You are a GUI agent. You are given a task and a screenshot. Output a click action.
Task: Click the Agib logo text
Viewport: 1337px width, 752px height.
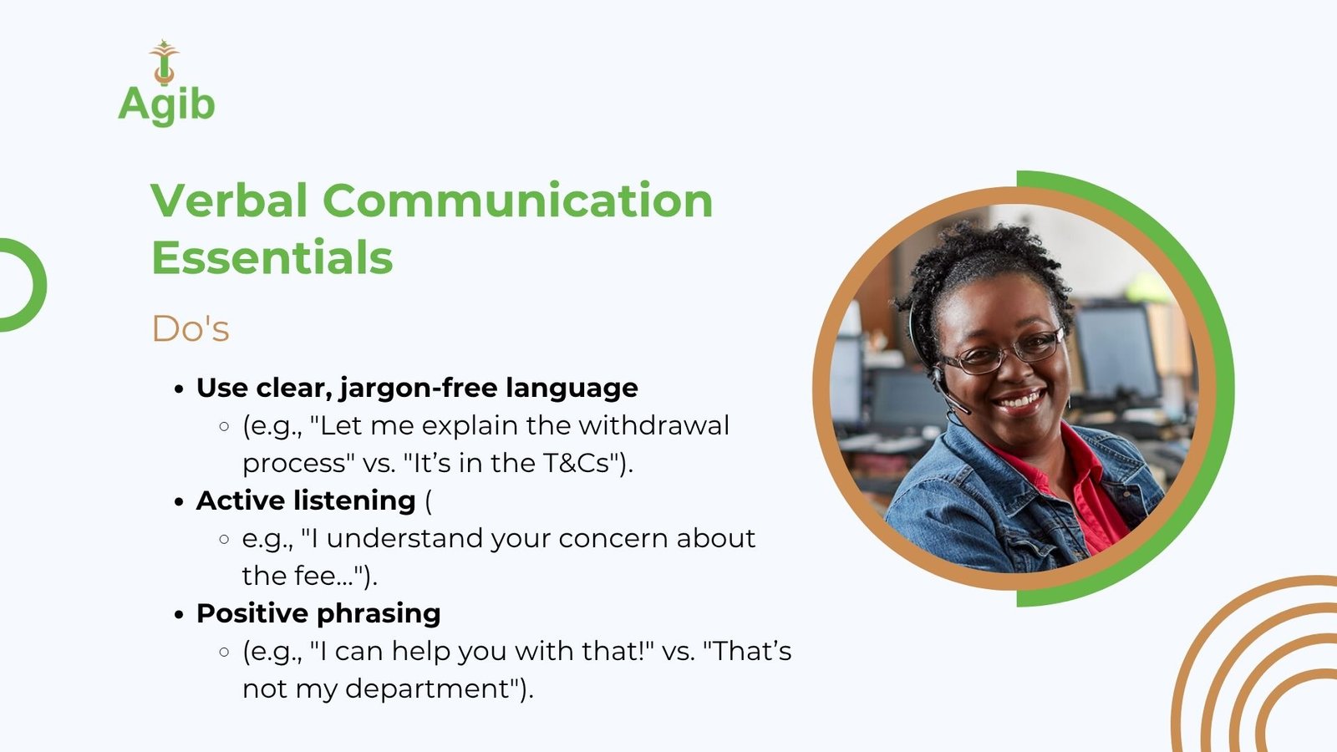tap(166, 105)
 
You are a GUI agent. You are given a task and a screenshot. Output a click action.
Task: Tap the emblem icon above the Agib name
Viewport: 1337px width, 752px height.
tap(164, 62)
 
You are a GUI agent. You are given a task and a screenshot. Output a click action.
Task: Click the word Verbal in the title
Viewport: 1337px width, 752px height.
tap(229, 201)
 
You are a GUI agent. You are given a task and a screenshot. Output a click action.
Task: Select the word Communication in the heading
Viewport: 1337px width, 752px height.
tap(518, 201)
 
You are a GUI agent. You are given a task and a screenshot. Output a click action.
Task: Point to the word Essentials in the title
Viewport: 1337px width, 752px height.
tap(272, 257)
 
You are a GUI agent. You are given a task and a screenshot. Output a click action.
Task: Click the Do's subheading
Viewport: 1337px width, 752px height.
tap(191, 329)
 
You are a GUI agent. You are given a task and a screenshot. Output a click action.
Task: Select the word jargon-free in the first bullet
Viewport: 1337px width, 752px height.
tap(419, 389)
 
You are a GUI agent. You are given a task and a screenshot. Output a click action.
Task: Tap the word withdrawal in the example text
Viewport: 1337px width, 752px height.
tap(653, 425)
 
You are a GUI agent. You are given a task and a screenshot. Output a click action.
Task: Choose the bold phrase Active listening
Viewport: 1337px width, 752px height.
tap(306, 500)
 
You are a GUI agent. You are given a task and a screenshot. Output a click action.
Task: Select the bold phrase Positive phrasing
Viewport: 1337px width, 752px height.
tap(318, 613)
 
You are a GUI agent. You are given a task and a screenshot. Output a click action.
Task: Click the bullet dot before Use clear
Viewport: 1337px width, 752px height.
tap(179, 389)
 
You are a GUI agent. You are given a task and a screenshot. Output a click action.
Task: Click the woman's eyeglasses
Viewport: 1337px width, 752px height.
tap(1002, 352)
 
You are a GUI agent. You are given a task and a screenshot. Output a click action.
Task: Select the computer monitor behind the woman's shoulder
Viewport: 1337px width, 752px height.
tap(1117, 352)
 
